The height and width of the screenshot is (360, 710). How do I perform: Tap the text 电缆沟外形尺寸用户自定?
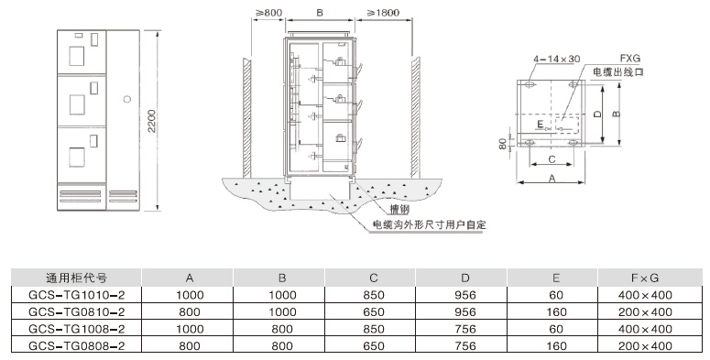[x=428, y=224]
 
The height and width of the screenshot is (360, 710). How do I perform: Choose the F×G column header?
[x=647, y=277]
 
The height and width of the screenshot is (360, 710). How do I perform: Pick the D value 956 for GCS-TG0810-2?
[x=467, y=311]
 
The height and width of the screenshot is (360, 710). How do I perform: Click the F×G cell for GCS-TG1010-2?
[x=647, y=295]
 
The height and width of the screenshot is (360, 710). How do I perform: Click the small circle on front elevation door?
[x=127, y=98]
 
